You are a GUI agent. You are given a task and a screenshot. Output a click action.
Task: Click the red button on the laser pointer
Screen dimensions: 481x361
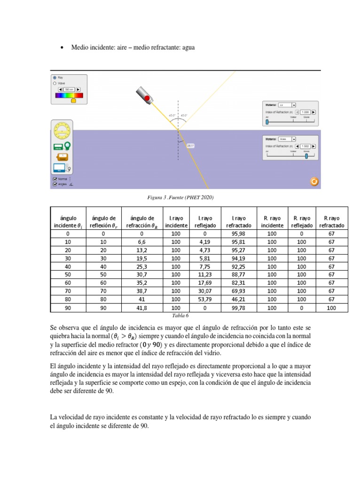[147, 98]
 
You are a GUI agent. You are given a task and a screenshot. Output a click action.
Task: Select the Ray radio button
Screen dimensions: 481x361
[55, 78]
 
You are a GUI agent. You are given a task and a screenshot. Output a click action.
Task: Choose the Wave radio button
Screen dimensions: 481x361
[55, 83]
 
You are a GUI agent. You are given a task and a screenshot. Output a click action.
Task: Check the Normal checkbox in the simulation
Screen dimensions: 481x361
[55, 179]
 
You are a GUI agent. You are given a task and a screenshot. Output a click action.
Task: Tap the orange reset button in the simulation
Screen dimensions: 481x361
[314, 181]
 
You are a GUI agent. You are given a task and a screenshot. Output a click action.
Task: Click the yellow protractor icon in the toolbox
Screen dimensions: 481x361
[62, 130]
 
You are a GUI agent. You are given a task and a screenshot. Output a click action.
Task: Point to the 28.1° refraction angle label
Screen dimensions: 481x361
[190, 146]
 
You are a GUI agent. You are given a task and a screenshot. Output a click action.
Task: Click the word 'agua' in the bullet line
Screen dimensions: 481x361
[187, 47]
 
